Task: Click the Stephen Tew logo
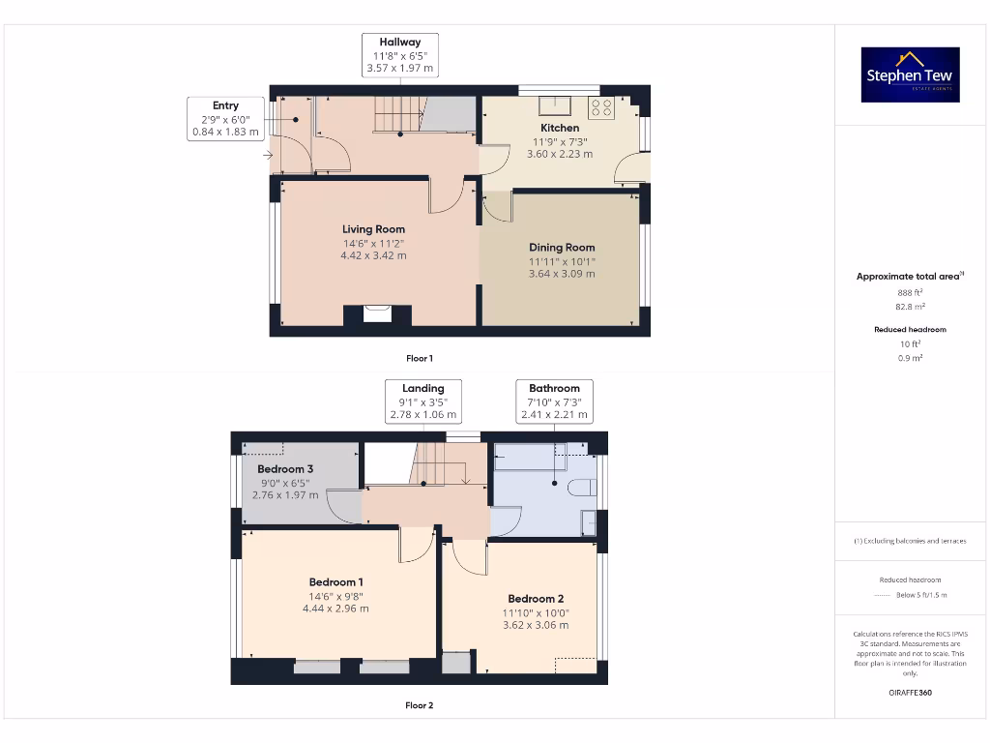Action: click(910, 74)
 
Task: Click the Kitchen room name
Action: click(560, 128)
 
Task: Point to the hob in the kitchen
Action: click(600, 106)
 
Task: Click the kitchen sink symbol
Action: click(559, 105)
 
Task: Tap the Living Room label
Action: click(373, 229)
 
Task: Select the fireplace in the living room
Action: click(377, 313)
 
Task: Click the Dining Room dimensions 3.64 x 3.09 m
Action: click(561, 274)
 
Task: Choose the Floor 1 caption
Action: click(419, 359)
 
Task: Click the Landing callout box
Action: click(422, 401)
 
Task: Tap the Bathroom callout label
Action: click(554, 401)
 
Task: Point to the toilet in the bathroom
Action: click(581, 487)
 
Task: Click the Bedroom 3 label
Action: click(285, 469)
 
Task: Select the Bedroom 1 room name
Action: click(335, 582)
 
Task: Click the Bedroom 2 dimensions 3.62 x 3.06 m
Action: click(536, 625)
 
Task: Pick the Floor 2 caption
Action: click(419, 705)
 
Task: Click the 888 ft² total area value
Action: click(910, 290)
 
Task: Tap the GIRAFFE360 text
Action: click(910, 693)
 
